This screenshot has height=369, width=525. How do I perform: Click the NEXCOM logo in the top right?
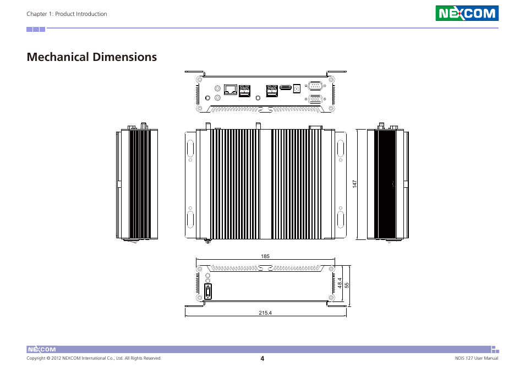click(467, 13)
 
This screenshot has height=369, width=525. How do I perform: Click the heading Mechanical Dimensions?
click(91, 57)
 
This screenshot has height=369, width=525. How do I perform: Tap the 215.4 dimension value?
click(265, 313)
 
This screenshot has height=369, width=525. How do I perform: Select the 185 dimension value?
click(265, 256)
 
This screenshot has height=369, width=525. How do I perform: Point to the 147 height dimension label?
click(356, 185)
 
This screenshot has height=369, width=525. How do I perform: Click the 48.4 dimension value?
click(340, 283)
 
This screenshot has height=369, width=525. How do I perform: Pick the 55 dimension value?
click(347, 285)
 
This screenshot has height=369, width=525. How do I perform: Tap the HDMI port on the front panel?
click(285, 87)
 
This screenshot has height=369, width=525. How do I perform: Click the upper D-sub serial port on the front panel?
click(315, 85)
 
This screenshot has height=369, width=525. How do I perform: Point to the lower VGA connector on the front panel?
click(315, 99)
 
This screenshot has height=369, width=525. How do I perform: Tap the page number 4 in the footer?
click(262, 359)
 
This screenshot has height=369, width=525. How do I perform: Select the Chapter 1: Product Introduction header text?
click(67, 14)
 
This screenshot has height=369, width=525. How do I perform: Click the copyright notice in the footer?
click(94, 359)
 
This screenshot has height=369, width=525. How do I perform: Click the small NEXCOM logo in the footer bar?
click(42, 349)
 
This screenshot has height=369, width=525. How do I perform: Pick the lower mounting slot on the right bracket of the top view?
click(340, 220)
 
